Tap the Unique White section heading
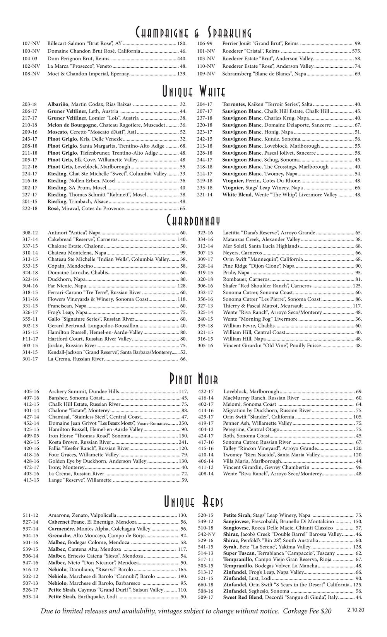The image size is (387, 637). coord(193,92)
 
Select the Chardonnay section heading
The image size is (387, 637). coord(193,221)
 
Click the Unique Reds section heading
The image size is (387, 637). coord(193,502)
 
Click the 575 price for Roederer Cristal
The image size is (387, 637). coord(356,51)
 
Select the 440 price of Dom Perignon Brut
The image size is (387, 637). coord(182,58)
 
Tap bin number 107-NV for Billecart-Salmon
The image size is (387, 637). coord(31,44)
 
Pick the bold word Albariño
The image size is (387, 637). coord(58,104)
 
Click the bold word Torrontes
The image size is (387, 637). coord(233,104)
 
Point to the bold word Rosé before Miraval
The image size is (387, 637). coord(53,209)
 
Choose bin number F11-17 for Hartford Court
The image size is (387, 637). coord(30,339)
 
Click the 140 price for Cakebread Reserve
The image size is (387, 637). coord(182,240)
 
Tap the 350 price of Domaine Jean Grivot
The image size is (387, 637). coord(183,424)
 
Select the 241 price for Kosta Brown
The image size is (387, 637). coord(183,442)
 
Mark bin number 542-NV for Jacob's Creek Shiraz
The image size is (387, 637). coord(206,534)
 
